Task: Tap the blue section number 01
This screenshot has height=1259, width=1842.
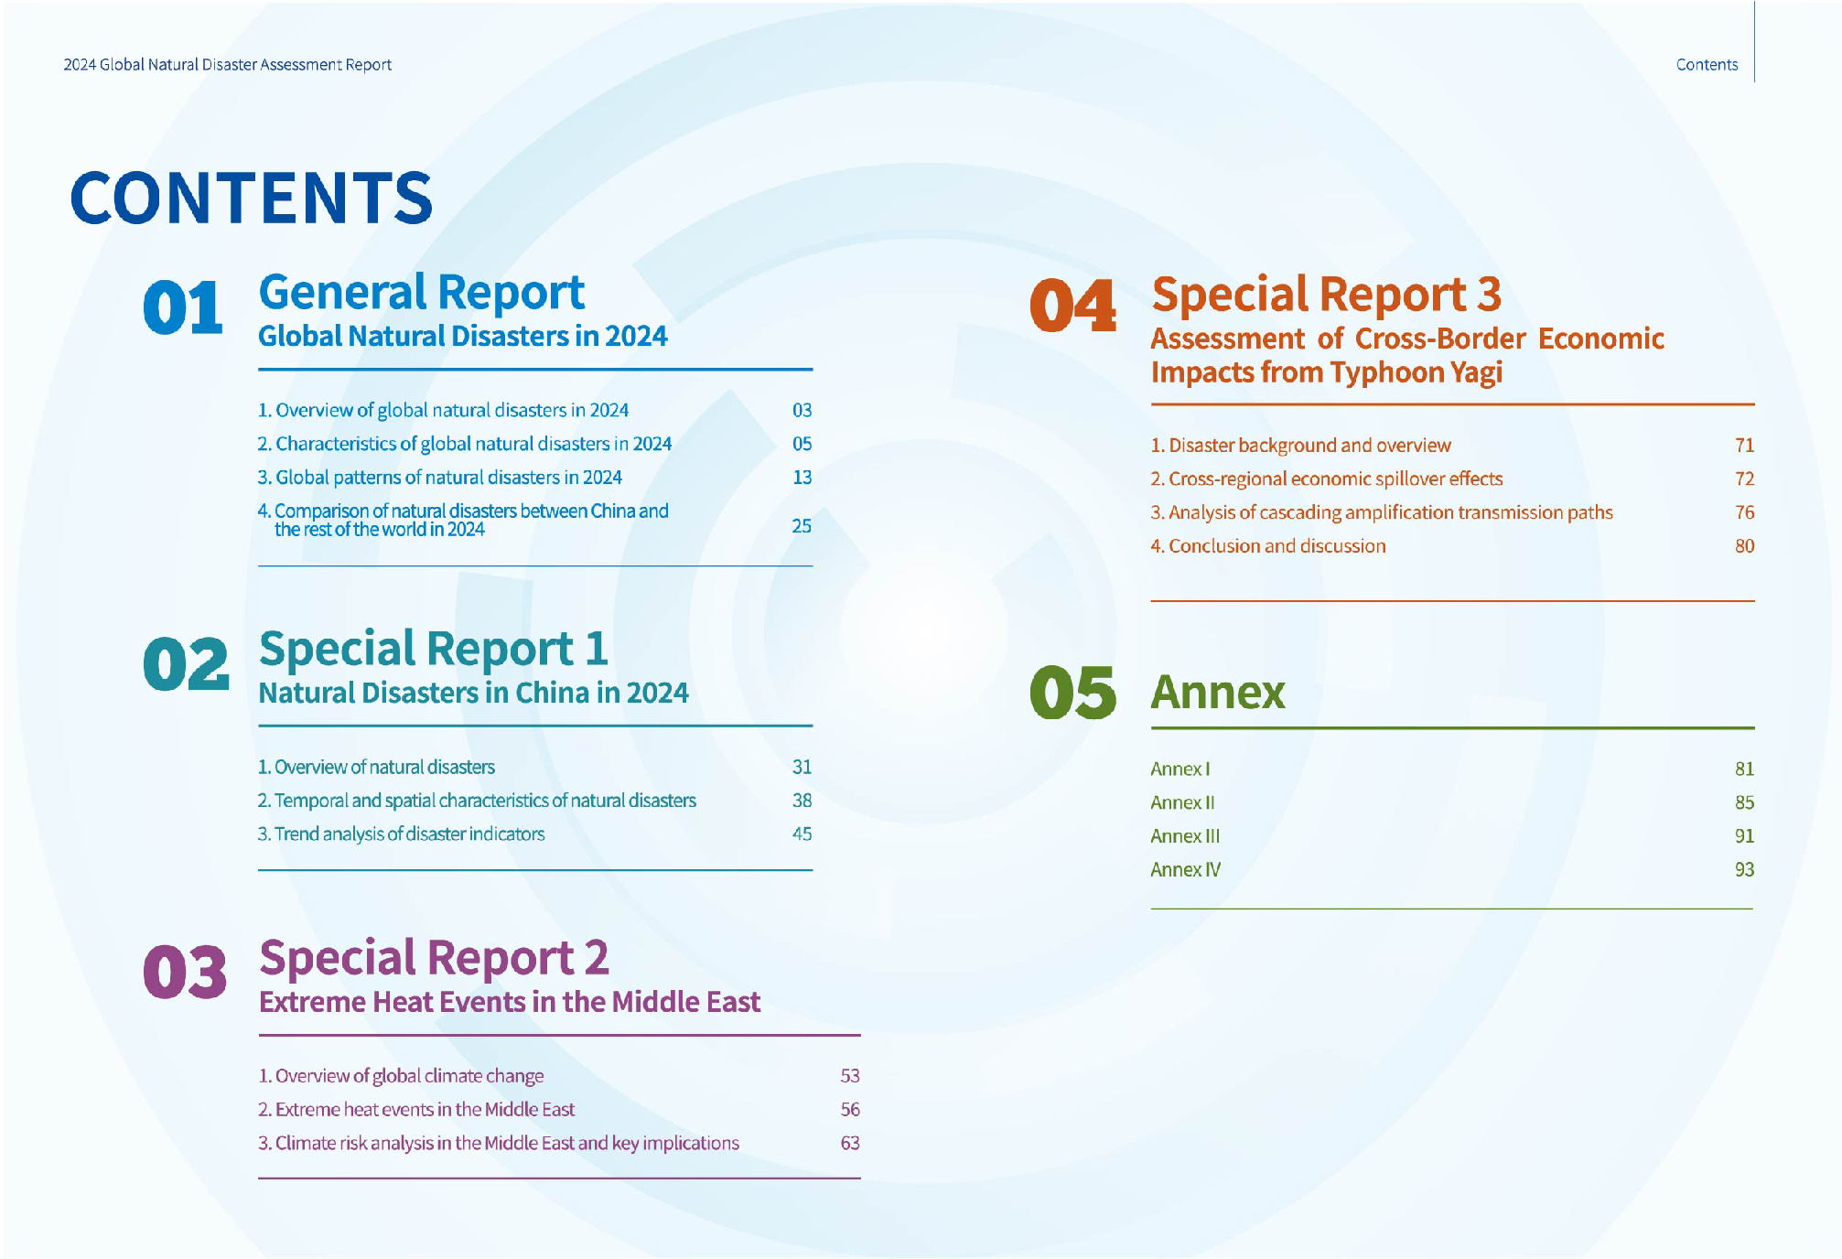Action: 183,307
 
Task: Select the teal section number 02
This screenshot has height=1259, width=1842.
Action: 186,664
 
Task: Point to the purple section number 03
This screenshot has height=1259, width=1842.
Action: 185,972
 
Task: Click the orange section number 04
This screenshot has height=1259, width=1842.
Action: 1072,306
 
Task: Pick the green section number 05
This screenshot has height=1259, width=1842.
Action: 1072,693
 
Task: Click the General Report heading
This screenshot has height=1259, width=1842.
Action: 421,293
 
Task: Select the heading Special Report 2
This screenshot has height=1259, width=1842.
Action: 434,958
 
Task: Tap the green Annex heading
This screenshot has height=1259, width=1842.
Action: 1218,693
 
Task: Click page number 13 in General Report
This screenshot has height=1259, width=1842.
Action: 802,478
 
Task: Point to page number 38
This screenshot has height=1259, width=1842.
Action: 802,801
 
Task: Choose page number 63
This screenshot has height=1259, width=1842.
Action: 850,1143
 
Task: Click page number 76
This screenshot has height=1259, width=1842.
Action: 1744,512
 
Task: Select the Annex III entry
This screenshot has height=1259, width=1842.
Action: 1185,836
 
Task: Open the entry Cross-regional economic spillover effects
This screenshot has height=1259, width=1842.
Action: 1327,479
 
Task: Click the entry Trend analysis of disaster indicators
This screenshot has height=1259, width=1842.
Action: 401,834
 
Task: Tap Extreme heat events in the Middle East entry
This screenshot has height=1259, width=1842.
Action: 416,1109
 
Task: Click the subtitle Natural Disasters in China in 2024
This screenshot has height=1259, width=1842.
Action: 473,693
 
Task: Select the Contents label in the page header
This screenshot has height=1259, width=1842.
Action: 1707,65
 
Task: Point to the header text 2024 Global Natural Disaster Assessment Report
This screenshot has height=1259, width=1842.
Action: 227,65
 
